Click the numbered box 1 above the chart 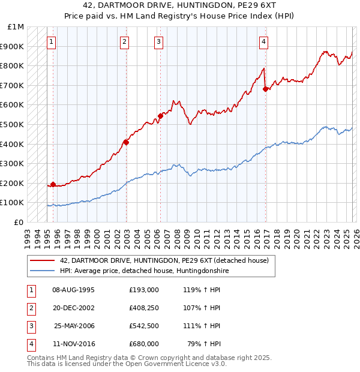click(x=52, y=41)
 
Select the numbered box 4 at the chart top click(x=264, y=41)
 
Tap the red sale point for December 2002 click(x=127, y=142)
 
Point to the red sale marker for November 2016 click(x=266, y=89)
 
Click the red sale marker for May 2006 click(x=160, y=116)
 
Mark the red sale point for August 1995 click(x=53, y=184)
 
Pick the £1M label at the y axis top click(x=16, y=27)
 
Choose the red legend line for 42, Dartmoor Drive click(x=41, y=260)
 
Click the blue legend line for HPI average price click(x=41, y=271)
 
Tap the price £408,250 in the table click(x=144, y=308)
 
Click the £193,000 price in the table click(x=144, y=290)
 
